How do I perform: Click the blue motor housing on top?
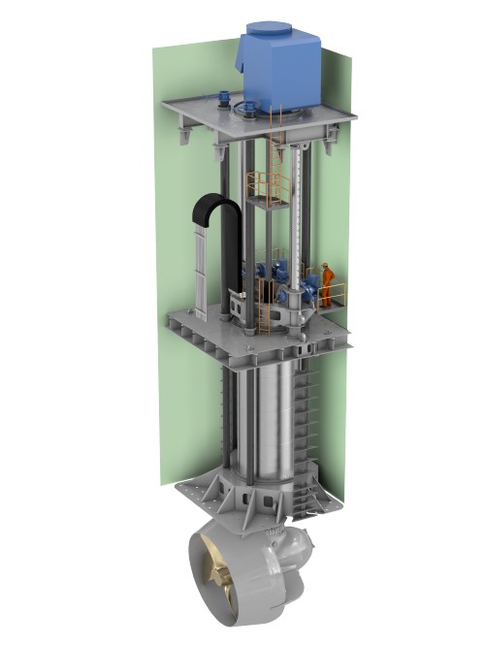(282, 68)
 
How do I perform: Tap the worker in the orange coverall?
(330, 284)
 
